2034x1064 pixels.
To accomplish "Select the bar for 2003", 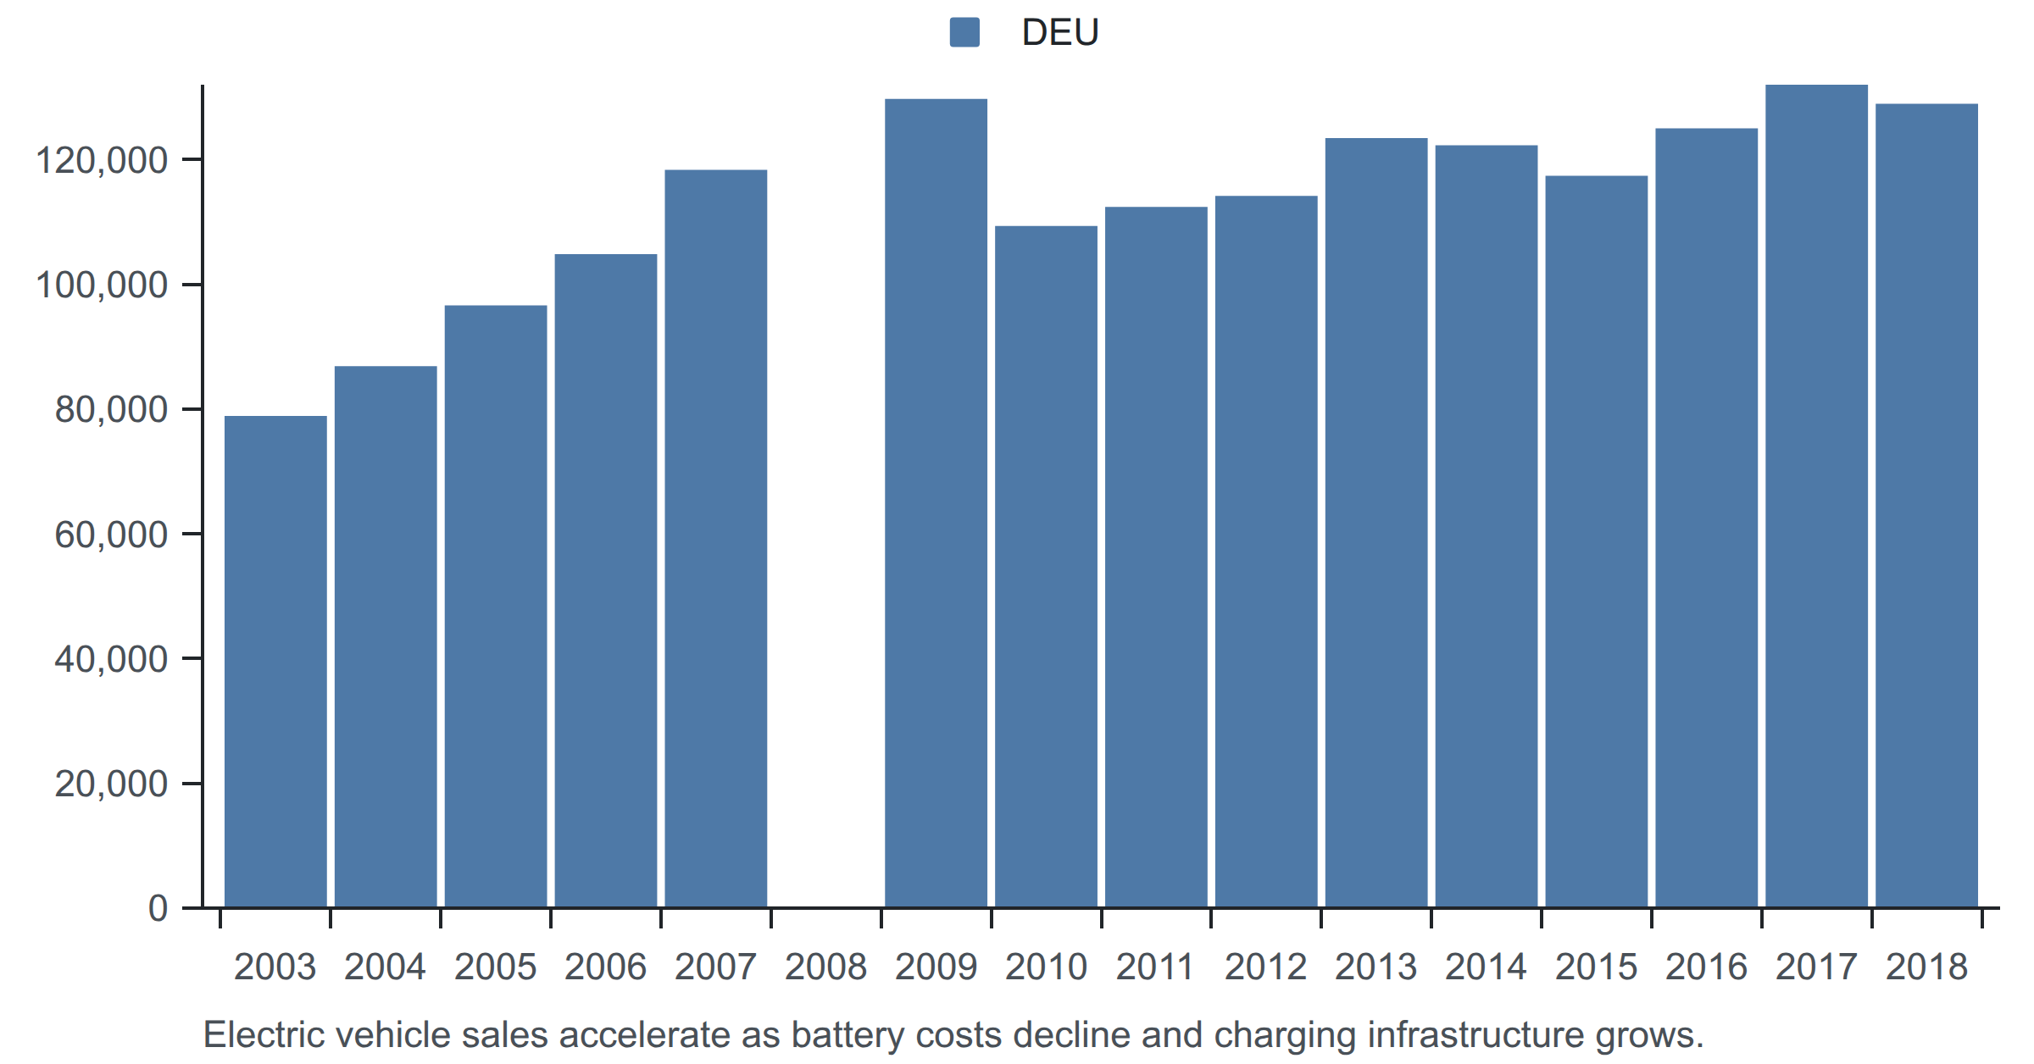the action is coord(275,662).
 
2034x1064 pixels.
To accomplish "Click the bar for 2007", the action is coord(716,539).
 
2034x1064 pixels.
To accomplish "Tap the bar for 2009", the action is coord(936,503).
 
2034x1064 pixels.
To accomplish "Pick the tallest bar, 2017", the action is coord(1817,496).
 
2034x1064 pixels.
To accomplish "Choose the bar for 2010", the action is coord(1047,567).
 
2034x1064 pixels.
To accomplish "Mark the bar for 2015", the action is coord(1597,541).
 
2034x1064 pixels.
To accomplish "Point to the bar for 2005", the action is coord(496,607).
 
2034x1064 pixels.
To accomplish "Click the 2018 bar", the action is coord(1927,506).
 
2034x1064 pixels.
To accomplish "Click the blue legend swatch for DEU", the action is coord(964,32).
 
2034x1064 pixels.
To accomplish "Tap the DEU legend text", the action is coord(1060,32).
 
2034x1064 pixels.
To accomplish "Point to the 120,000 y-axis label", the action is coord(102,160).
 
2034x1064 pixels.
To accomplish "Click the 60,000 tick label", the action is coord(111,535).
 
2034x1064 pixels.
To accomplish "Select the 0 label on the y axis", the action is coord(158,908).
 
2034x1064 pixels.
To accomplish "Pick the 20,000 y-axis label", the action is coord(111,784).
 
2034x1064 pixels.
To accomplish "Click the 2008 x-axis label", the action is coord(826,967).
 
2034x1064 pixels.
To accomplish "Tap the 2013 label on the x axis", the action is coord(1376,967).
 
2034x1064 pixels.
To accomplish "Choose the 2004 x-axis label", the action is coord(385,967).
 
